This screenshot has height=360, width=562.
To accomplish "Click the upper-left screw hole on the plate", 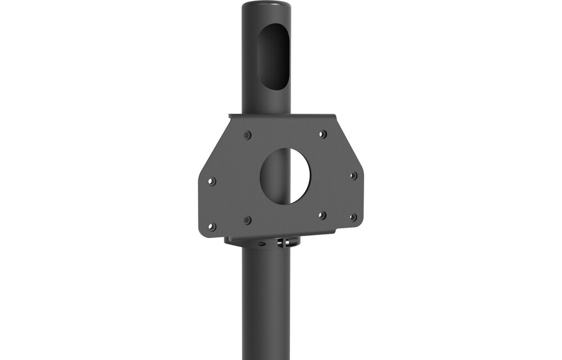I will [247, 135].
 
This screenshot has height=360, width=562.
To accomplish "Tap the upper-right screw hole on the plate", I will [323, 134].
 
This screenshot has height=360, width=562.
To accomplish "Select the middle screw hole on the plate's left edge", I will [212, 181].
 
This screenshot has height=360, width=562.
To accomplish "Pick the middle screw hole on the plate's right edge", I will [353, 176].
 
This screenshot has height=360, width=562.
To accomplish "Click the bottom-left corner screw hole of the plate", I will [212, 227].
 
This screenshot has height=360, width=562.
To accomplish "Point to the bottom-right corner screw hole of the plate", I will [353, 217].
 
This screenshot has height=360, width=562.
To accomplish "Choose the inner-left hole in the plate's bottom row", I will [247, 220].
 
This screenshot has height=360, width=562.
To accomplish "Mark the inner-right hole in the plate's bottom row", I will [323, 215].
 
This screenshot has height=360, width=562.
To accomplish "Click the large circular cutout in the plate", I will [285, 176].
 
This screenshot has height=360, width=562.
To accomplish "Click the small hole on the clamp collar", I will [260, 244].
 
